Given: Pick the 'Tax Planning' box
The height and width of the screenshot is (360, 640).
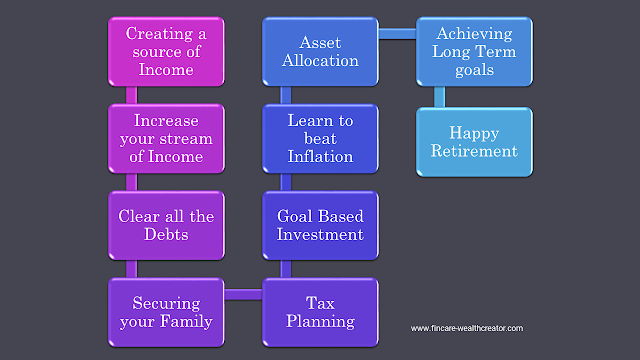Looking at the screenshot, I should pyautogui.click(x=321, y=312).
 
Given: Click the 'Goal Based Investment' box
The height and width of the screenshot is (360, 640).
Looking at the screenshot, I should pyautogui.click(x=321, y=225).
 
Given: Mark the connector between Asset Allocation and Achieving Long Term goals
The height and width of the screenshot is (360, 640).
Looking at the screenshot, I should pyautogui.click(x=399, y=35).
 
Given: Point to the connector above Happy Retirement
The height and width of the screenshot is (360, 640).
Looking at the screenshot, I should pyautogui.click(x=439, y=96).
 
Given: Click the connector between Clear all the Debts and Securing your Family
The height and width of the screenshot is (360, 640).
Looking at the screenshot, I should pyautogui.click(x=131, y=268).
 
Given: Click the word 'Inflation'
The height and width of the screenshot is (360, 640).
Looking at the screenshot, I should pyautogui.click(x=321, y=156).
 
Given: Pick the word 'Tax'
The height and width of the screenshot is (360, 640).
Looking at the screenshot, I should pyautogui.click(x=321, y=302).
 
